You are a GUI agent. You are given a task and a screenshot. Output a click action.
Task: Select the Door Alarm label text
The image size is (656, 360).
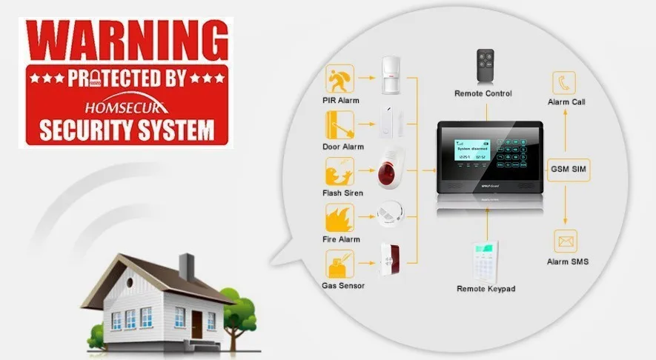342,147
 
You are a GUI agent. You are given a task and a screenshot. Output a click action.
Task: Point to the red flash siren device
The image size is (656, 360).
392,168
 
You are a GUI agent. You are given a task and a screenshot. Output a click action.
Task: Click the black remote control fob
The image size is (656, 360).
486,66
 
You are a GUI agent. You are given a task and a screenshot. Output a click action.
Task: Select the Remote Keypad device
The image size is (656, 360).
486,259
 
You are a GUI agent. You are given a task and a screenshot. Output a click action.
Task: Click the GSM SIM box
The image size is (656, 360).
568,169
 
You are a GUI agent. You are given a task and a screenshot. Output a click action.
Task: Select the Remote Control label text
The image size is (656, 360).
483,93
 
